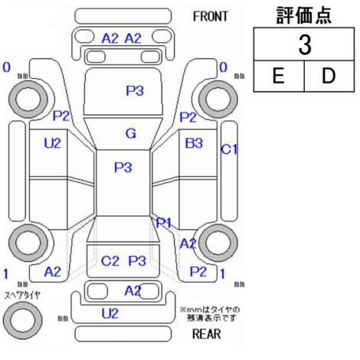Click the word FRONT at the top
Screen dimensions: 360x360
(x=210, y=17)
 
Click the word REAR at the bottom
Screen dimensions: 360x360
(x=207, y=334)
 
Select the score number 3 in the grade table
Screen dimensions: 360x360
(x=305, y=44)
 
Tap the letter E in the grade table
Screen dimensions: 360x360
(x=278, y=76)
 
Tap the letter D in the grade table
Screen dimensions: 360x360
(x=329, y=76)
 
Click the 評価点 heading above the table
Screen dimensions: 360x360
(x=304, y=15)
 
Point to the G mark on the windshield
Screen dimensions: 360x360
(x=131, y=133)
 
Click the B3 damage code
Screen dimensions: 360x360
(x=194, y=143)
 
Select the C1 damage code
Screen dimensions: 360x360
(x=229, y=149)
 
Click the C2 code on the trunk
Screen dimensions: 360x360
(x=110, y=261)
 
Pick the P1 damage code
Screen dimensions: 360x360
(x=163, y=223)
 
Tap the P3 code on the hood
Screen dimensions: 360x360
(x=135, y=90)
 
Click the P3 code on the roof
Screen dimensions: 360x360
(x=123, y=168)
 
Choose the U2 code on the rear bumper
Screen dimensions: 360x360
(x=110, y=313)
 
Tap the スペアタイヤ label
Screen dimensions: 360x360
(x=22, y=296)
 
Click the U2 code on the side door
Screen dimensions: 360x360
(x=52, y=143)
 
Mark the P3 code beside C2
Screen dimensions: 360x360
(x=137, y=261)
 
